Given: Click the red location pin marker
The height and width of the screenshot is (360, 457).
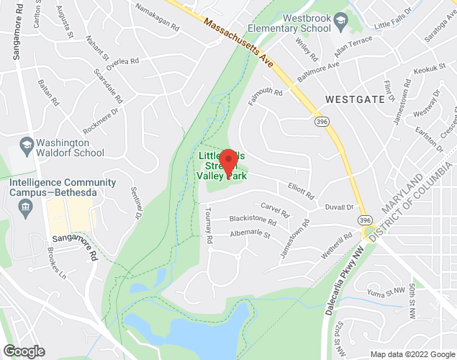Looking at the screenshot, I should [228, 162].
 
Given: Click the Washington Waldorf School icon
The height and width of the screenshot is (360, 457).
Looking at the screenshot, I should [26, 144].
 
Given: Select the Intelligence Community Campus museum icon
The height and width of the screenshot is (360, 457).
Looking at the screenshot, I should [26, 208].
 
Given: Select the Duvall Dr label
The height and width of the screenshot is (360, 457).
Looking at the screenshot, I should [340, 207].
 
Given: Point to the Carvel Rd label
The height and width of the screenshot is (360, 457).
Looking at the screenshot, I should [274, 210].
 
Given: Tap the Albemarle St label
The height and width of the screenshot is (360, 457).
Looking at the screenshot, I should [249, 234].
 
